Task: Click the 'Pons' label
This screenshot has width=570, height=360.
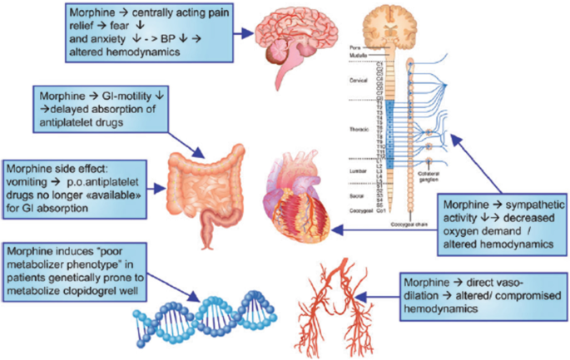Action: coord(358,49)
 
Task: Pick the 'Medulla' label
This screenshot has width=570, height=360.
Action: coord(359,57)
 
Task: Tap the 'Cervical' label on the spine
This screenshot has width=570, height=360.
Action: coord(359,81)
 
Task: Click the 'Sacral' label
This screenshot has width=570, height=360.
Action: coord(359,193)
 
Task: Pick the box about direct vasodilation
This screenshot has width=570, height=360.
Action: coord(483,293)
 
